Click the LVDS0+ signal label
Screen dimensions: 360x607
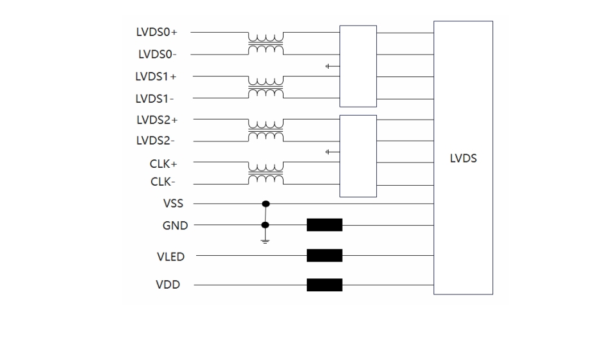(x=156, y=32)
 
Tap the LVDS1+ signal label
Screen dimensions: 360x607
(x=156, y=76)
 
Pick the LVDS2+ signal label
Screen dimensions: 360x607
(x=156, y=120)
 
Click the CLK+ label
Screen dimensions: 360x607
(x=164, y=163)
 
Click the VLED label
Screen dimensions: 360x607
(x=170, y=256)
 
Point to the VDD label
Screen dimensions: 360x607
(x=168, y=285)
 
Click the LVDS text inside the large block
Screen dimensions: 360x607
(x=462, y=158)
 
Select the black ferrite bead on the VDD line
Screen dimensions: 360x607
(x=324, y=285)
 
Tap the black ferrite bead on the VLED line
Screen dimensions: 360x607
(x=324, y=256)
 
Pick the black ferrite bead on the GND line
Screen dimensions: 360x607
(x=324, y=225)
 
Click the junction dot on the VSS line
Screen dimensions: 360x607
(x=266, y=204)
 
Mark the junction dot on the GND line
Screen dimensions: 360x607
(x=266, y=225)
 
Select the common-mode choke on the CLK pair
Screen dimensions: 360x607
(x=266, y=172)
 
